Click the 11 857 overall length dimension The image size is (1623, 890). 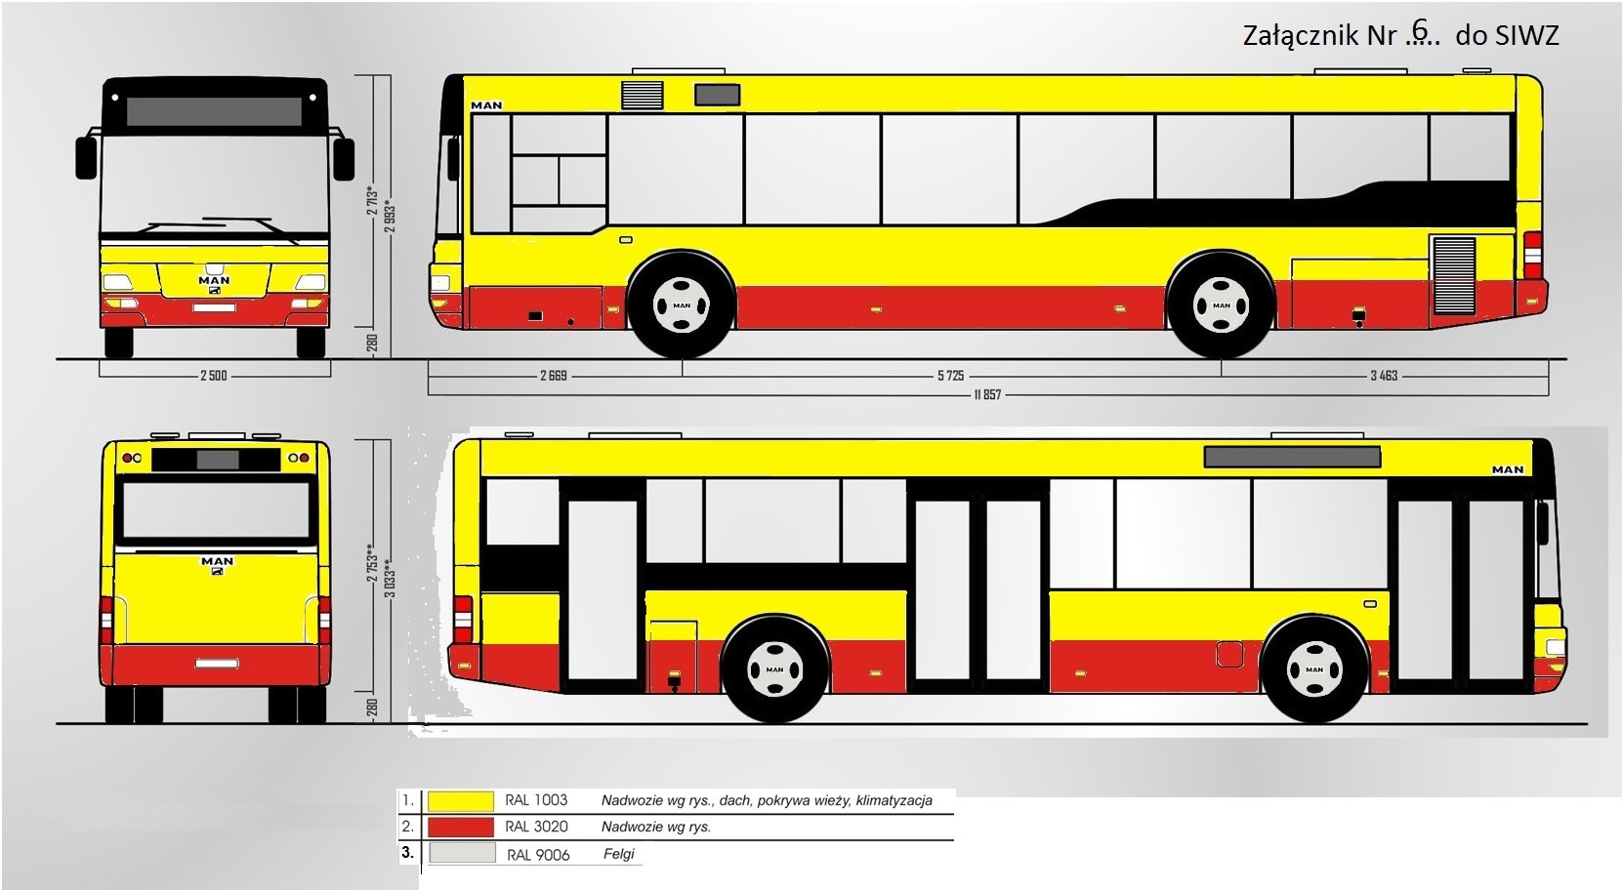[986, 395]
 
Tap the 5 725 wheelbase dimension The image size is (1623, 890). [950, 376]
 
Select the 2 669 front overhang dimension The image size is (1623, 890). [553, 376]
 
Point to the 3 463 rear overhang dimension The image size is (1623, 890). [1384, 376]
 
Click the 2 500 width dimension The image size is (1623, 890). [213, 376]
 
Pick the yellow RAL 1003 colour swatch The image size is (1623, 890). [461, 801]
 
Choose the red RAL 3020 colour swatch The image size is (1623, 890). [461, 828]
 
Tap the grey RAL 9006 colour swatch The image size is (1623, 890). [461, 854]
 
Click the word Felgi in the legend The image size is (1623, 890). [619, 854]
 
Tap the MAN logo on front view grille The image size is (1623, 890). [214, 281]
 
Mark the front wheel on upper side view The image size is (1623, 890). [682, 305]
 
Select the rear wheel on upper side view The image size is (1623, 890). [1221, 305]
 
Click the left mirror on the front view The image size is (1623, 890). [86, 157]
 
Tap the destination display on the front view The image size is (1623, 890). [214, 111]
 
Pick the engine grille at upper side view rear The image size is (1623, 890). [1453, 274]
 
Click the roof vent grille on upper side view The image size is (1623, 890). [643, 95]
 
